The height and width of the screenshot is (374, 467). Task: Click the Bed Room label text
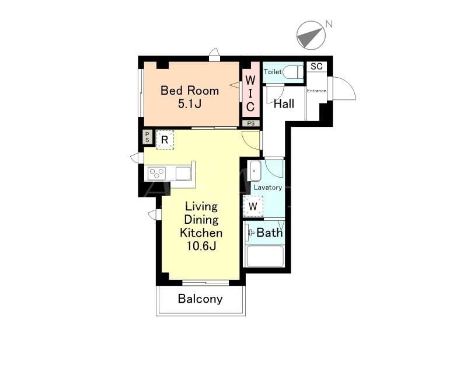(x=190, y=91)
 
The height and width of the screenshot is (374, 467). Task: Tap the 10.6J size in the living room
(x=201, y=246)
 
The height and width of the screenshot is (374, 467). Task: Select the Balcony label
(x=200, y=299)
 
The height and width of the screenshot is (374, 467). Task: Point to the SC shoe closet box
(x=316, y=66)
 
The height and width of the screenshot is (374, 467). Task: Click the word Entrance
(x=316, y=91)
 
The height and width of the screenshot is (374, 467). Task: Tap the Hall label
(x=284, y=104)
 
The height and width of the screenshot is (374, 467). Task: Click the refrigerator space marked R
(x=165, y=140)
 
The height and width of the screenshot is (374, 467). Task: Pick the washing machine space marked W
(x=253, y=206)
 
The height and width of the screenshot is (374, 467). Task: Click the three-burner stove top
(x=156, y=173)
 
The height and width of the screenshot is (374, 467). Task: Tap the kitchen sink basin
(x=183, y=174)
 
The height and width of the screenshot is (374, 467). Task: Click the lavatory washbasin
(x=255, y=171)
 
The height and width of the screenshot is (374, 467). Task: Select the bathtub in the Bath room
(x=265, y=256)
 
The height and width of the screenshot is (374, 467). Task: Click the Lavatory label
(x=268, y=188)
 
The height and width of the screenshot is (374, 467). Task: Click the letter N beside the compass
(x=329, y=24)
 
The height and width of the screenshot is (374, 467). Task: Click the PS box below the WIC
(x=251, y=123)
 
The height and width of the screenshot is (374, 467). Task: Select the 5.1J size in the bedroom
(x=190, y=104)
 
